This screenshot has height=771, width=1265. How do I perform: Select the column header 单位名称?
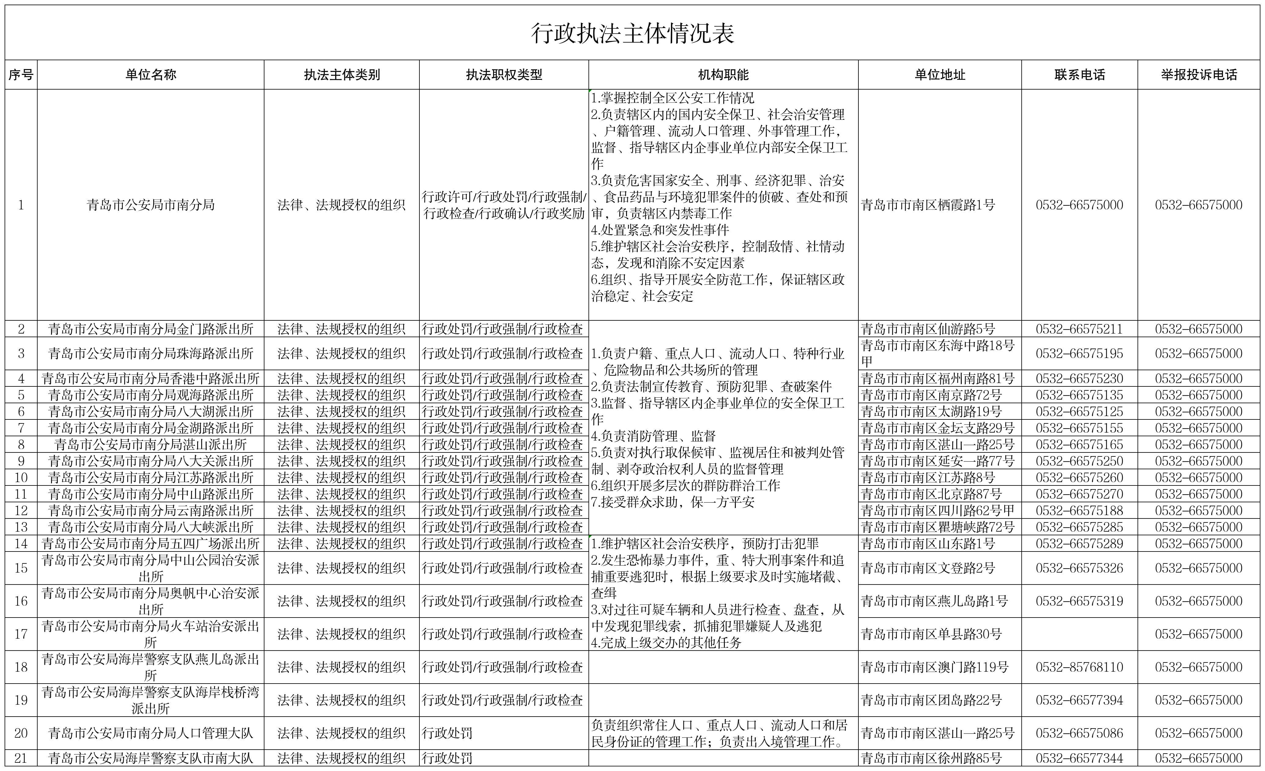(150, 75)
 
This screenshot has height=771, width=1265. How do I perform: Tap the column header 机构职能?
(723, 75)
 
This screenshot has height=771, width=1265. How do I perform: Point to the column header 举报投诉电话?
(1199, 75)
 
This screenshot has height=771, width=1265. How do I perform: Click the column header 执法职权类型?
(503, 75)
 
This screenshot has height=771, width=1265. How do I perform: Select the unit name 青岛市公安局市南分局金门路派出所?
(150, 329)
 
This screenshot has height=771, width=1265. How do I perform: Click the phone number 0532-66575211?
(1079, 329)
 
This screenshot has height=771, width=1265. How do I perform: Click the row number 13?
(21, 527)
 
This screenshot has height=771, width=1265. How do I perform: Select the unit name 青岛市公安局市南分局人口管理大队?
(150, 733)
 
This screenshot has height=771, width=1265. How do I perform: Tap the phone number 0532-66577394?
(1079, 700)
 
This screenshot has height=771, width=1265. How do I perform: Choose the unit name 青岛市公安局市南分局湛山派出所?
(150, 445)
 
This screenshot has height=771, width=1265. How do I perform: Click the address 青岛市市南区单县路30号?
(931, 634)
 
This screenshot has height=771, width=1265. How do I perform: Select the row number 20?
(21, 733)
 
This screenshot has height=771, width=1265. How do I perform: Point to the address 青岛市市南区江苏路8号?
(928, 478)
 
